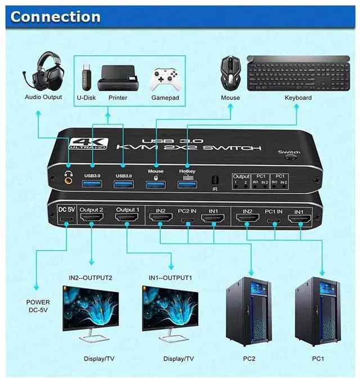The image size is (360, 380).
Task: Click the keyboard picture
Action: [298, 72]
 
